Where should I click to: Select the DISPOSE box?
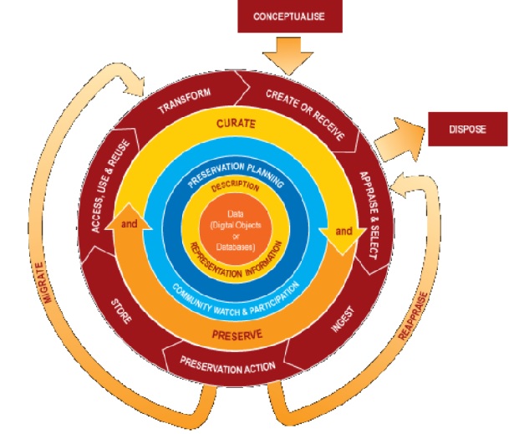coord(468,130)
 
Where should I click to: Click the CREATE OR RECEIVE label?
coord(303,99)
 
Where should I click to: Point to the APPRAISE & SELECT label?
coord(369,216)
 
